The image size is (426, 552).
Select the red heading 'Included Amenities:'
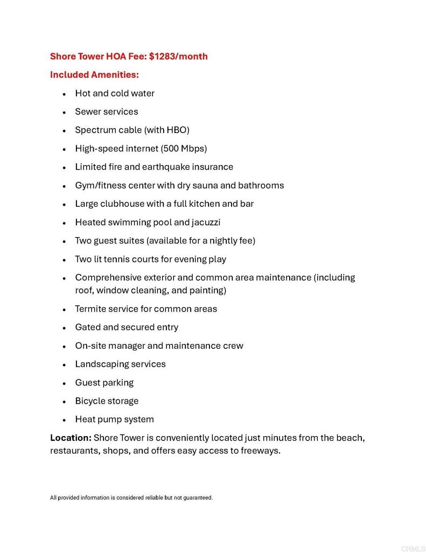point(94,75)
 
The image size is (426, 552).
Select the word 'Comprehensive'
point(105,278)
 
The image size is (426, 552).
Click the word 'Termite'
point(90,309)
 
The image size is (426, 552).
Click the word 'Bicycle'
point(90,401)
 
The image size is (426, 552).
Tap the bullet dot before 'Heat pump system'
point(64,420)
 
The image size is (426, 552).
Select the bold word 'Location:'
point(71,438)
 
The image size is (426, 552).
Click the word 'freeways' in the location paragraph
point(261,451)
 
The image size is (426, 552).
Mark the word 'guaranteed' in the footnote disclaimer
point(198,498)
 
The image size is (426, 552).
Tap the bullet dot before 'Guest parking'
point(64,383)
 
